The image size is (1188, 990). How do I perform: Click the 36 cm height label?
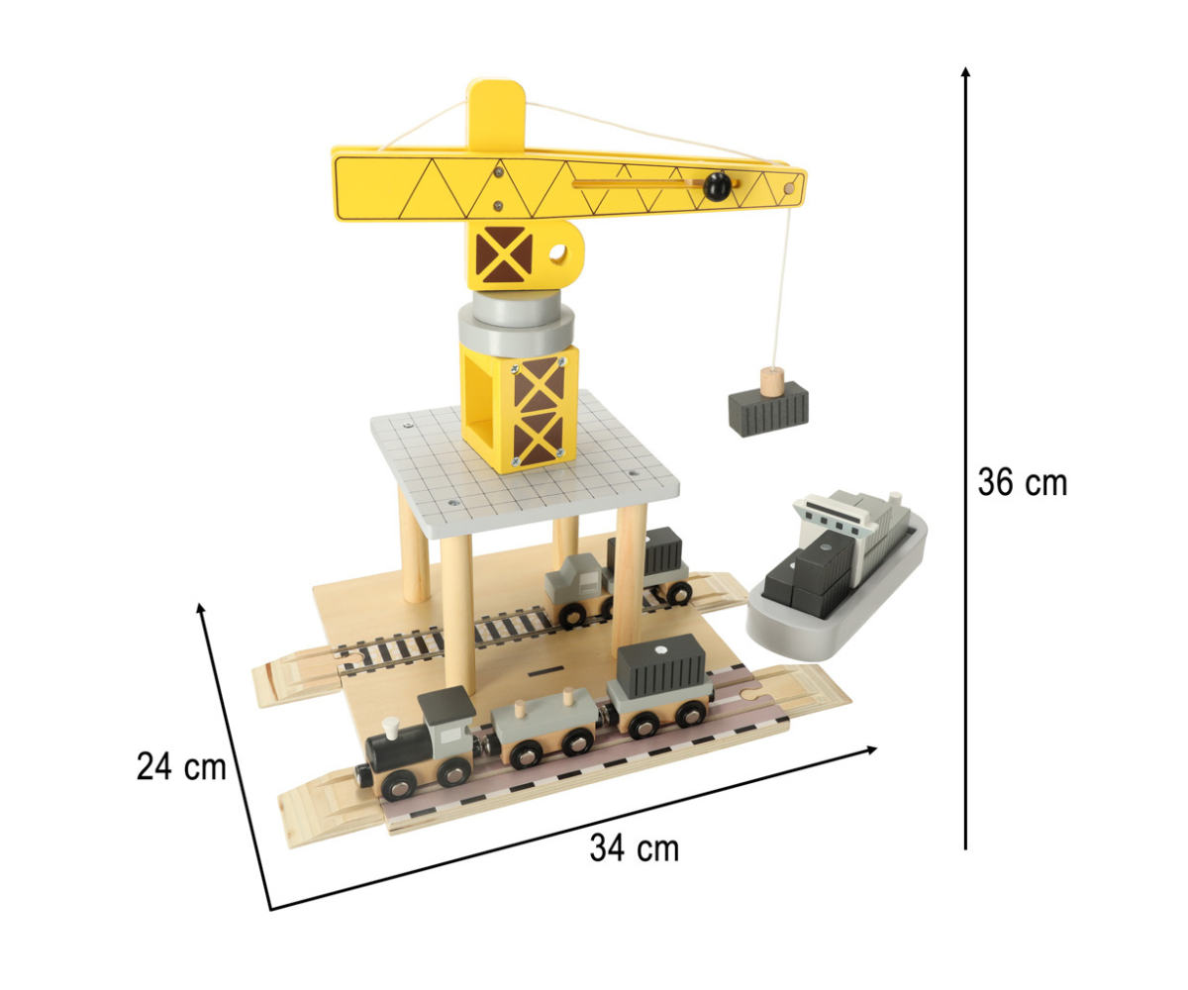point(1022,482)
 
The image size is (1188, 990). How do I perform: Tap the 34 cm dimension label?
point(635,847)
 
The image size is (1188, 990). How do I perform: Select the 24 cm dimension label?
point(181,766)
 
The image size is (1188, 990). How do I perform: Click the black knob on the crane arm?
point(717,186)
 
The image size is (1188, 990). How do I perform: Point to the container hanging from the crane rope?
point(768,408)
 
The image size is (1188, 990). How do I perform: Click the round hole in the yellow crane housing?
point(558,252)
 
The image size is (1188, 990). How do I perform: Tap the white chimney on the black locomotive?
point(391,728)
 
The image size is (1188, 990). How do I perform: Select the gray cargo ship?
point(837,574)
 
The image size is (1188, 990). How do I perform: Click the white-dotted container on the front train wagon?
point(661,663)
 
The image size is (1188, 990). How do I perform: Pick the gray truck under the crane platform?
point(573,589)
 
